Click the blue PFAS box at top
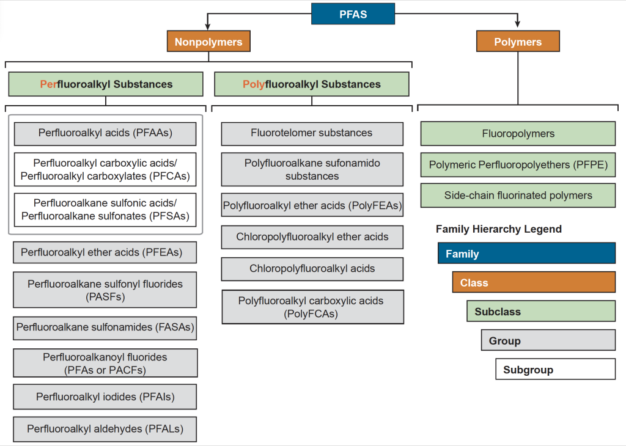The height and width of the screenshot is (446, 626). (353, 14)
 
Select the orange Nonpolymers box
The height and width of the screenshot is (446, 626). (208, 42)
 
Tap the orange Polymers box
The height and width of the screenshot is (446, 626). (518, 42)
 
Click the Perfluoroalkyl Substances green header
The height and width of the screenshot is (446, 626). (106, 84)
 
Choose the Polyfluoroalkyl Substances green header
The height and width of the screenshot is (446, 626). (311, 84)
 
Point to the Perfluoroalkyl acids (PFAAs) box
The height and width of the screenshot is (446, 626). (105, 133)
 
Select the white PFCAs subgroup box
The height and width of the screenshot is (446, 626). (105, 170)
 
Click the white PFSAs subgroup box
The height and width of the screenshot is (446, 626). (105, 210)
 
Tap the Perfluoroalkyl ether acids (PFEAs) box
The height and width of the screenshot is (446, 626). (105, 252)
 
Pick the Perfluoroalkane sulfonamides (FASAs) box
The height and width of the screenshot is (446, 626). (105, 327)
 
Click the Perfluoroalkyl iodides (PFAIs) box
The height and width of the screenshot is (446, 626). (105, 397)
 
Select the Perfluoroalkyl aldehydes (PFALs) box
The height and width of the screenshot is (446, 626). (105, 429)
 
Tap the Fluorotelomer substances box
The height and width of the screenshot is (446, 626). (312, 133)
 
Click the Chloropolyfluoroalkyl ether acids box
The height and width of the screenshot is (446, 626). (312, 237)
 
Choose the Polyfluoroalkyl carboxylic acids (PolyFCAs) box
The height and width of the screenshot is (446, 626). (312, 307)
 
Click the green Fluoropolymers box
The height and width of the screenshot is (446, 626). (518, 134)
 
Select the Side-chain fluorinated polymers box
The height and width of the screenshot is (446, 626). (518, 196)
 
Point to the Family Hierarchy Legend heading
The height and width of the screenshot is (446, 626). (498, 229)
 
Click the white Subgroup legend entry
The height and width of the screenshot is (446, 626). (555, 370)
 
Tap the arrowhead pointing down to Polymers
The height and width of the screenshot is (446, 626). (518, 24)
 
